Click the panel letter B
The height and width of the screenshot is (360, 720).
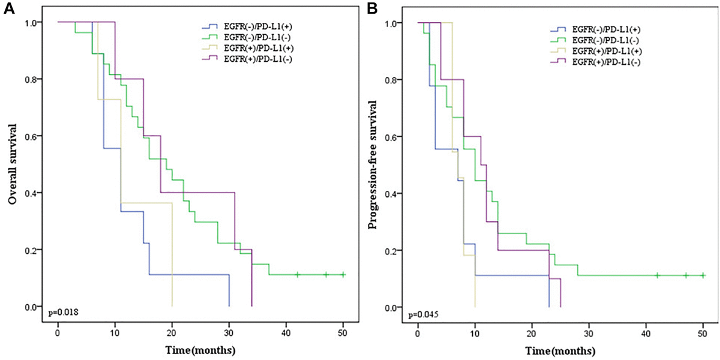pyautogui.click(x=372, y=9)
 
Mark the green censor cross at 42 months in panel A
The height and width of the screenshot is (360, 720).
pyautogui.click(x=298, y=275)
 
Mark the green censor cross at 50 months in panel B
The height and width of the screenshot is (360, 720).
pyautogui.click(x=703, y=275)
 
